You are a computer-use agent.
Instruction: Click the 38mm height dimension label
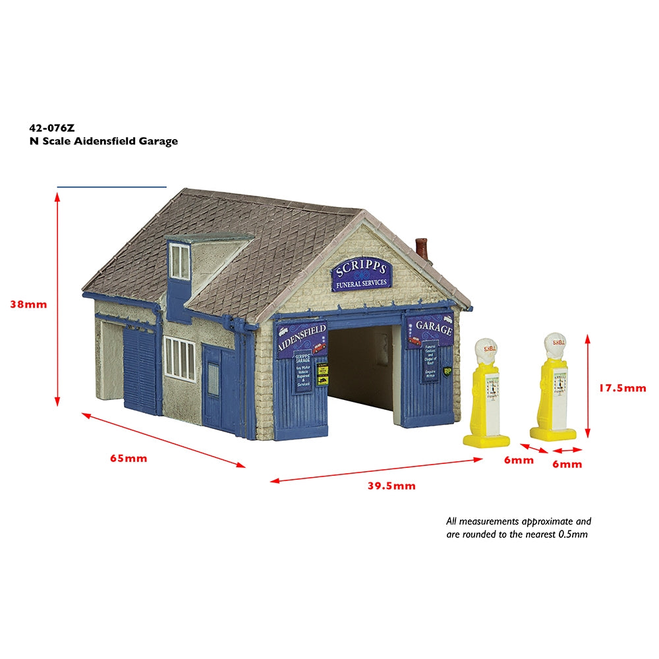click(28, 304)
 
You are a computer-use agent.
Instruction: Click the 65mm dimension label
click(129, 458)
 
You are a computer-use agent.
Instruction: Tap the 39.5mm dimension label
click(391, 486)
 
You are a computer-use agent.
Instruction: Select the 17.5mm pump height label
click(621, 388)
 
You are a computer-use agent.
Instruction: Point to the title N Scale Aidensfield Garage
click(103, 141)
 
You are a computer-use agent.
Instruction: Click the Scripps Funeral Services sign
click(362, 275)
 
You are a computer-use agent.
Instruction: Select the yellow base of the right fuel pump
click(553, 434)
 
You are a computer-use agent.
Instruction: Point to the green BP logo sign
click(449, 372)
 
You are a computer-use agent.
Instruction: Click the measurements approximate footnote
click(519, 527)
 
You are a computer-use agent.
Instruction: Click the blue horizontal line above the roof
click(112, 187)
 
